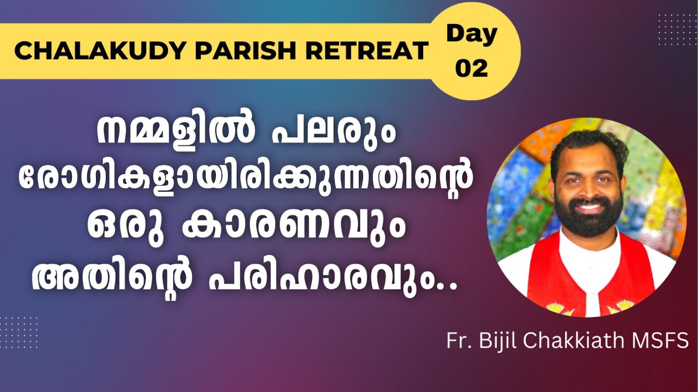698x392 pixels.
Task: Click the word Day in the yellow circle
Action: [472, 35]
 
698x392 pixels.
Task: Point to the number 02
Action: [472, 69]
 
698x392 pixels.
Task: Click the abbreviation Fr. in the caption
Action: [458, 342]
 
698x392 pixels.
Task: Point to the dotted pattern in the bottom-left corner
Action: [19, 332]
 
